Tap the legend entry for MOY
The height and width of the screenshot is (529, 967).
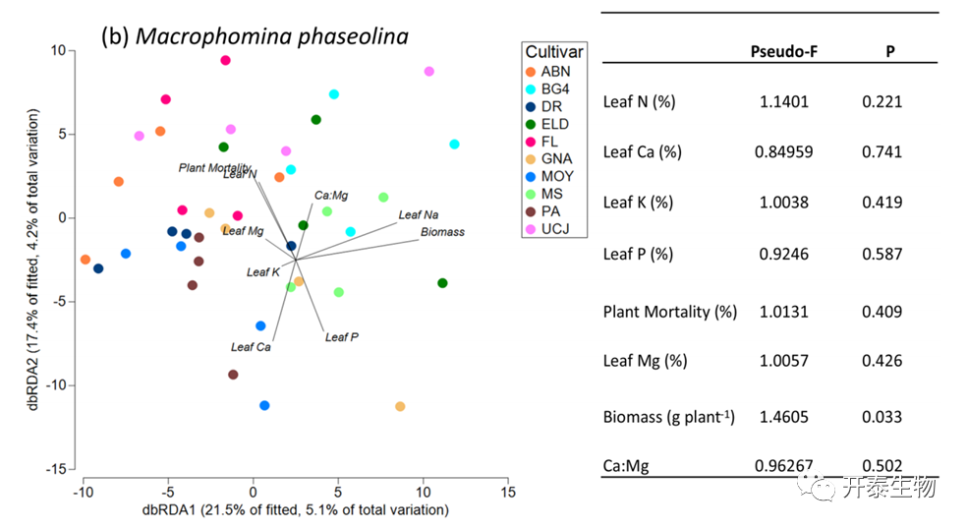point(557,176)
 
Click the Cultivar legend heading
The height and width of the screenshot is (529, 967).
point(554,51)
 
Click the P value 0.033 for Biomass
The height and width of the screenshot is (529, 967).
point(882,417)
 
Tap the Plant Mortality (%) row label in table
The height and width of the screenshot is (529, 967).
point(669,312)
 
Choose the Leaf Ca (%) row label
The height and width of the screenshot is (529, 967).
point(642,151)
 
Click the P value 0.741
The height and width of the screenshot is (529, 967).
point(882,151)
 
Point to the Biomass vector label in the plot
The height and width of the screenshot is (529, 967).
point(442,233)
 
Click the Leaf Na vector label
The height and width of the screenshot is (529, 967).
point(419,214)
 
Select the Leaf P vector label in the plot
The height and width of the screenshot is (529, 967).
point(341,337)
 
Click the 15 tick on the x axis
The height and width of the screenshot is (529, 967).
point(507,492)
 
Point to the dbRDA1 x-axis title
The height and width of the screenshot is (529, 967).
point(295,510)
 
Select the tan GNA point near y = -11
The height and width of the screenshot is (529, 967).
point(400,406)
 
